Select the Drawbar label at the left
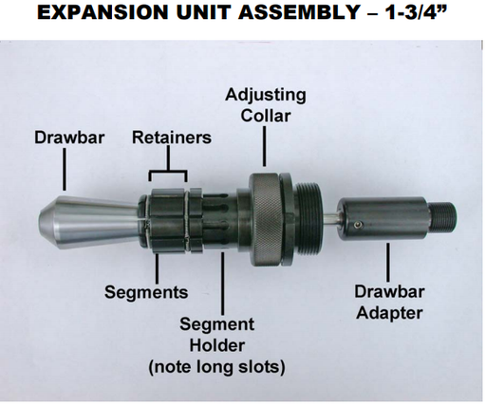63,138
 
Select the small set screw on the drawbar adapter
359,224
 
